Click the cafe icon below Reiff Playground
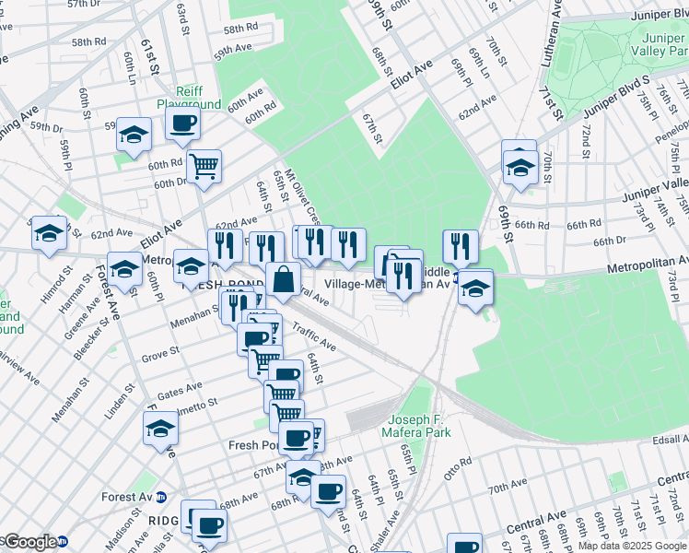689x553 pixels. click(x=182, y=124)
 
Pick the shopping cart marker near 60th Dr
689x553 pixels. click(x=204, y=167)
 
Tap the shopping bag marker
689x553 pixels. click(x=283, y=278)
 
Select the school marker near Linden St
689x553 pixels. click(x=160, y=429)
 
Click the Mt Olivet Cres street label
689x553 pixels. click(x=303, y=198)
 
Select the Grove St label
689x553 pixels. click(x=160, y=354)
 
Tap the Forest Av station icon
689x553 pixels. click(x=162, y=497)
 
